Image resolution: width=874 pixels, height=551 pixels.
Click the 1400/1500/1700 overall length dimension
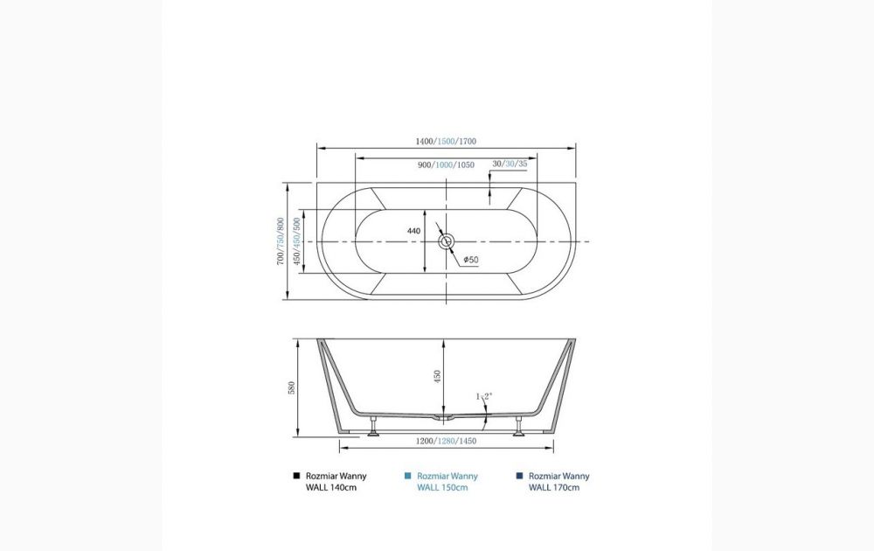pos(446,141)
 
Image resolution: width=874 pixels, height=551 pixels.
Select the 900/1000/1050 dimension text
pos(446,164)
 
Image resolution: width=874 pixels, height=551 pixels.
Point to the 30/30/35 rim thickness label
pos(510,164)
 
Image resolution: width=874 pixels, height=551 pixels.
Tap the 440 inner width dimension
pos(413,231)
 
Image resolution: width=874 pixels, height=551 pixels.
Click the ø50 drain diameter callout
pos(471,260)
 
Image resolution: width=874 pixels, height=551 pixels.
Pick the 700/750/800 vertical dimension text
pos(281,241)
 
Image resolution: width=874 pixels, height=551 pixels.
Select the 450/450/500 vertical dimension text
pos(297,241)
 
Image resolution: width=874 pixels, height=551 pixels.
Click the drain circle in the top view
pos(446,241)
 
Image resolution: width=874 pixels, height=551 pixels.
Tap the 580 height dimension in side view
pos(292,387)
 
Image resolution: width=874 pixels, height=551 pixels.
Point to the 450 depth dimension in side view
pos(438,376)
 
